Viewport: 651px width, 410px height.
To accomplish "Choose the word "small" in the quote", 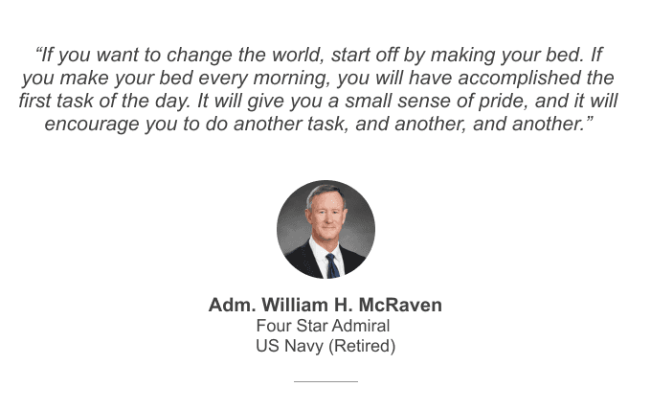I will [356, 101].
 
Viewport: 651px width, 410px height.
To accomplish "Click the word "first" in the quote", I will [37, 101].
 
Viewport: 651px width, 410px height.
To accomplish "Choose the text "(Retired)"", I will [362, 346].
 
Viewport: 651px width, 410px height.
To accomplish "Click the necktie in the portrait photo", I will [331, 263].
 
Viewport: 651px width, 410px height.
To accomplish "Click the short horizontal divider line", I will [325, 381].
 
